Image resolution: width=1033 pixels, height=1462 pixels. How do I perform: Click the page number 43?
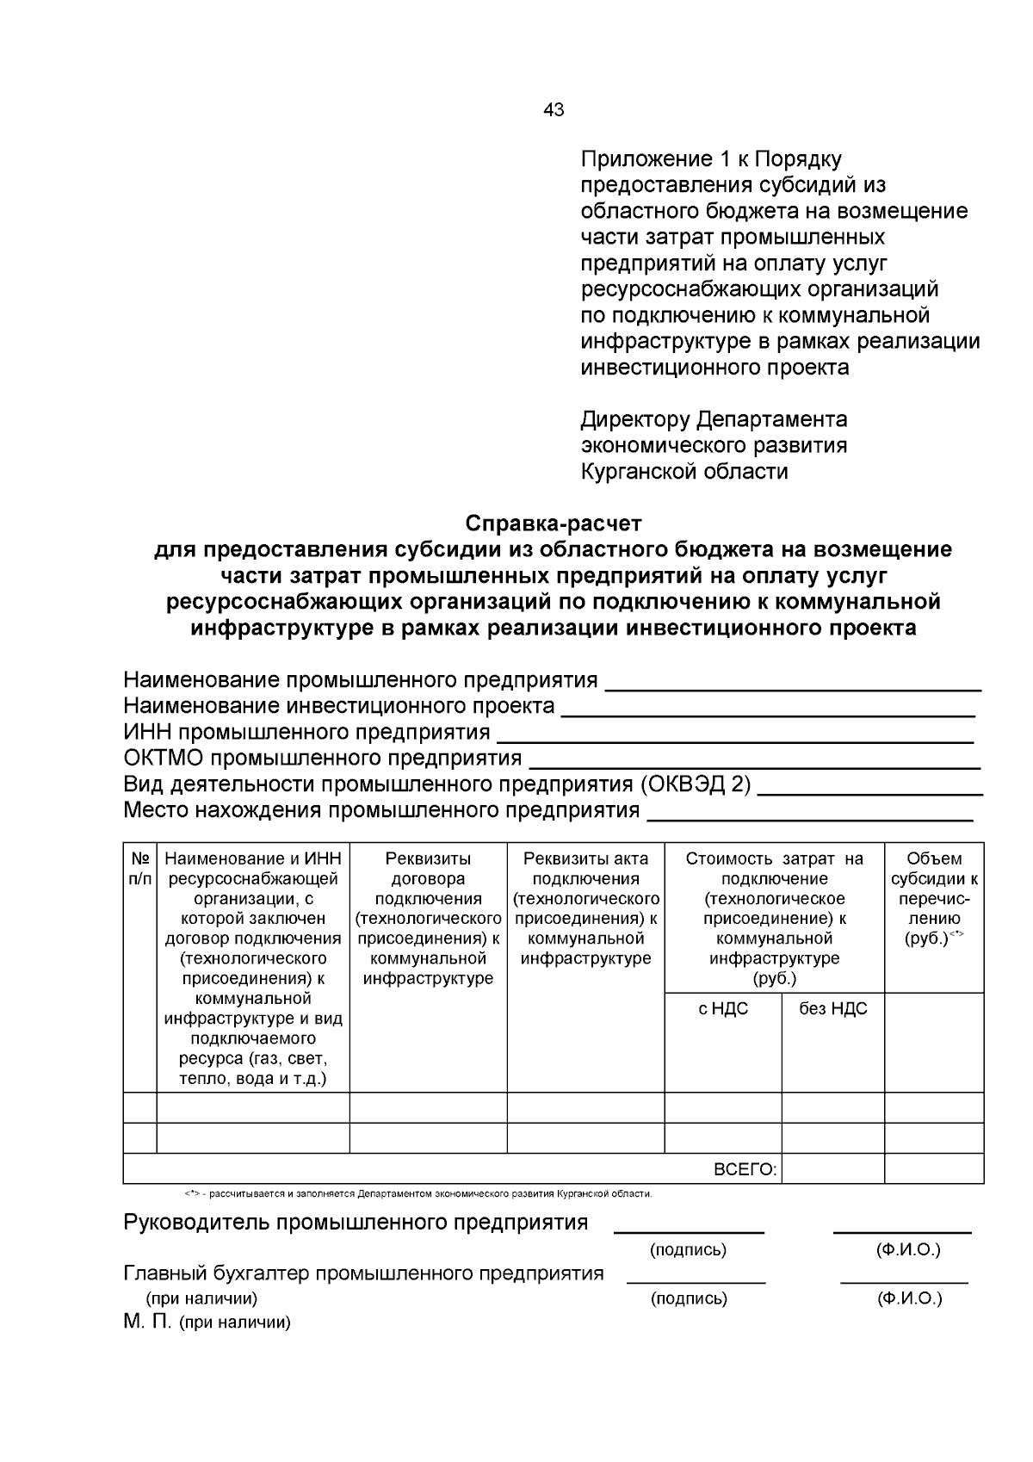[554, 109]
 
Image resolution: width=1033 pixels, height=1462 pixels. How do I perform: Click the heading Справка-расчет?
[554, 523]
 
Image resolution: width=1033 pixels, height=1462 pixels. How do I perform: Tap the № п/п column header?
[140, 869]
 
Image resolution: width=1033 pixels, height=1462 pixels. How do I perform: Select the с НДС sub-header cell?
[723, 1009]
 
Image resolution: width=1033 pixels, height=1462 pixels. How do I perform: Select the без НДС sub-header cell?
[832, 1009]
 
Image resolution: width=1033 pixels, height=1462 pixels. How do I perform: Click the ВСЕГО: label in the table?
[745, 1169]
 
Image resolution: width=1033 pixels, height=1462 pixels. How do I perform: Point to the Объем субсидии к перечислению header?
[934, 898]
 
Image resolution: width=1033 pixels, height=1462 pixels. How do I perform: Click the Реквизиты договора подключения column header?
[428, 918]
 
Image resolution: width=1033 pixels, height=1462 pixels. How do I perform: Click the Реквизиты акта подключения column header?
[585, 908]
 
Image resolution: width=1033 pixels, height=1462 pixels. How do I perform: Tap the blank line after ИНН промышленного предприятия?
[735, 740]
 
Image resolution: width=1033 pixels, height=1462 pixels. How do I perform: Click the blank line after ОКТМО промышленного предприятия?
[754, 765]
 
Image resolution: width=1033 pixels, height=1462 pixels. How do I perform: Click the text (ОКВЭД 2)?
[695, 784]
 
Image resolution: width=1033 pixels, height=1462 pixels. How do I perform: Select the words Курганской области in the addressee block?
[684, 472]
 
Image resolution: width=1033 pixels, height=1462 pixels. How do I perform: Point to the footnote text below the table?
[418, 1194]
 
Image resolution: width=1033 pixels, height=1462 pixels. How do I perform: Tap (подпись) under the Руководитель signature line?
[688, 1249]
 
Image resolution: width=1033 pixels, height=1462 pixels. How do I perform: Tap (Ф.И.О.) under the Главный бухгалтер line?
[909, 1298]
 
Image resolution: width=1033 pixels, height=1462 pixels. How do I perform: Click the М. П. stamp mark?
[147, 1322]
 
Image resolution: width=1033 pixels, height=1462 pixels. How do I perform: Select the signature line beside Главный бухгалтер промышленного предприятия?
[696, 1282]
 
